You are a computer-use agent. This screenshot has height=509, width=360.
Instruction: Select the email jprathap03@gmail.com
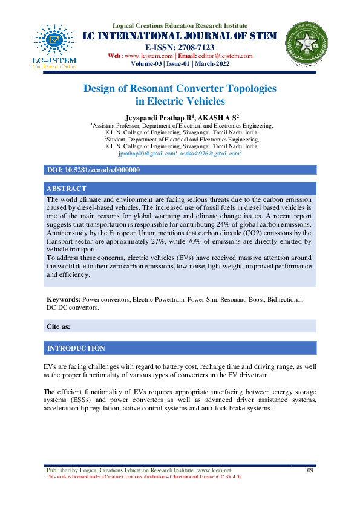146,154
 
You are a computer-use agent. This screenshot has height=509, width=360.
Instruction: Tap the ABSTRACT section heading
67,189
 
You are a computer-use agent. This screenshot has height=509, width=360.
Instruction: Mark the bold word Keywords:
64,299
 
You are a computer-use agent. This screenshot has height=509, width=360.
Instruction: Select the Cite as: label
58,326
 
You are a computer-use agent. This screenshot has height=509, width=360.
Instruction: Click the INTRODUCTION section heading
76,348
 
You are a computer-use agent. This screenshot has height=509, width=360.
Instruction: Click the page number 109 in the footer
309,470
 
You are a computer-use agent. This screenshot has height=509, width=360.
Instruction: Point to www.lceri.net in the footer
214,470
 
